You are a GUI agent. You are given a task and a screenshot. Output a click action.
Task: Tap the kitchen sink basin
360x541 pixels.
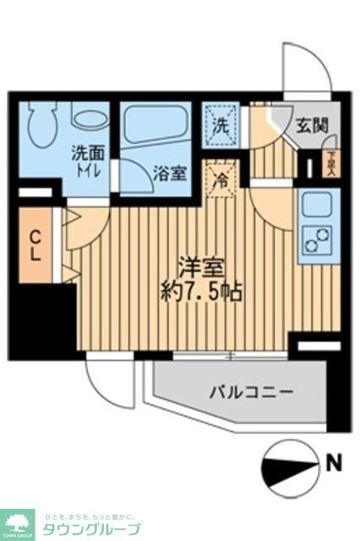click(318, 206)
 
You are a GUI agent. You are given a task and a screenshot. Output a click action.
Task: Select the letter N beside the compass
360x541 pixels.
click(335, 462)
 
